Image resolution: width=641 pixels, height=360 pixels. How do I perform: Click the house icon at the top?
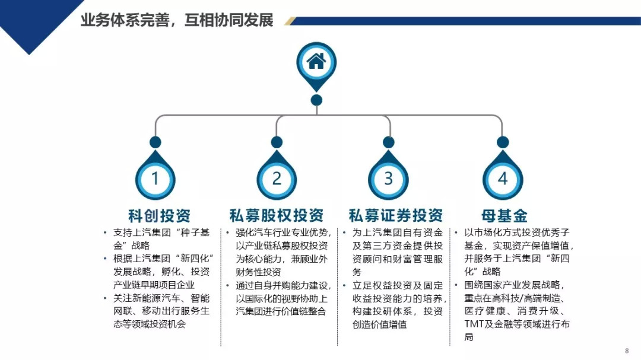316,61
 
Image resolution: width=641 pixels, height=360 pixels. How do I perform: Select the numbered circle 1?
156,178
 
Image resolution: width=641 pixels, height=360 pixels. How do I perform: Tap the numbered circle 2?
277,178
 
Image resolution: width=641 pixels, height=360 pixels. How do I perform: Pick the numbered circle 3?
389,178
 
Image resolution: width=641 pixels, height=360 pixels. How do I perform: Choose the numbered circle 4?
503,178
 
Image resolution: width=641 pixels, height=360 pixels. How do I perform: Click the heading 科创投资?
159,215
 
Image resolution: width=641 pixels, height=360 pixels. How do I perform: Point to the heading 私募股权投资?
277,215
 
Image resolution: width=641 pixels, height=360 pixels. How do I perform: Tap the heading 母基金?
504,215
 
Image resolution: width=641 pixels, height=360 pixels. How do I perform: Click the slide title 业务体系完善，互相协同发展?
177,20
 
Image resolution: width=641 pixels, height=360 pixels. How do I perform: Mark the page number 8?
627,350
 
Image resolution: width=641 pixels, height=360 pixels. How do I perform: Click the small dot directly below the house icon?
316,100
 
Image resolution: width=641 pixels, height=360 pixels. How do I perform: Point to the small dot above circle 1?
156,142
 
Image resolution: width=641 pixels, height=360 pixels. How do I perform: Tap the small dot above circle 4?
503,142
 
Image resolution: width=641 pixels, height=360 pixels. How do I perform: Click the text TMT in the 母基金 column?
474,324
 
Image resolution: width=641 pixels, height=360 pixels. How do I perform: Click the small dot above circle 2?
277,142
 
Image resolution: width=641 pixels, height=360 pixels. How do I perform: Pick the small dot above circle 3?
389,142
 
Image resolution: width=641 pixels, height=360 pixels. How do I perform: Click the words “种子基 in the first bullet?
191,232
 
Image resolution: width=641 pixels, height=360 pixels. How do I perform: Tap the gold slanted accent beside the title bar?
290,21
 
